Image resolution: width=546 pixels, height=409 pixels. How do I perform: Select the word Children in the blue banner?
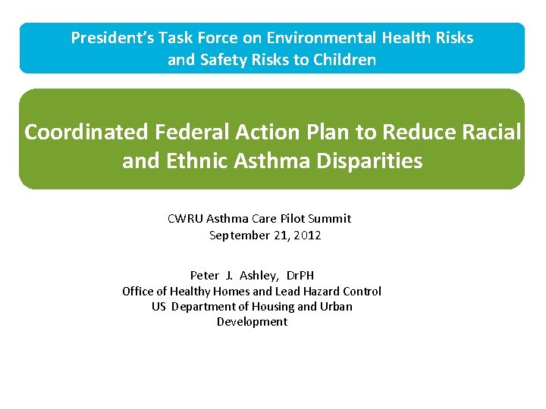(x=345, y=60)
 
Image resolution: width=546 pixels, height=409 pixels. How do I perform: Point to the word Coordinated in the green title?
(x=86, y=133)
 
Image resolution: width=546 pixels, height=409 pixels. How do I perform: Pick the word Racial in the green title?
(x=490, y=133)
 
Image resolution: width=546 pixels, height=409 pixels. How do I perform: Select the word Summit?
(x=331, y=218)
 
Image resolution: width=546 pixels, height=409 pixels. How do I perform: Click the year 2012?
(x=307, y=236)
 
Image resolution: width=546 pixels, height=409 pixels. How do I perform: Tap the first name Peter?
(x=204, y=276)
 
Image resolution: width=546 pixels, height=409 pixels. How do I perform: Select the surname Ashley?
(x=259, y=276)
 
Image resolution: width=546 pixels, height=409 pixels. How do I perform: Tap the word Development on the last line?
(x=252, y=321)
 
